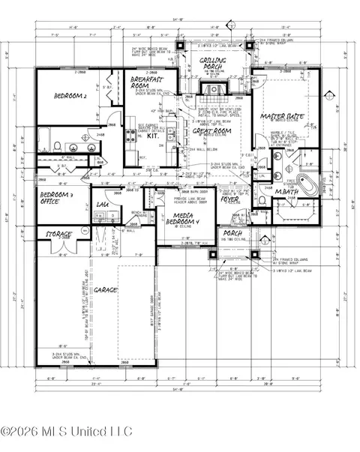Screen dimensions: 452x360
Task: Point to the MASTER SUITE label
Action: (x=282, y=118)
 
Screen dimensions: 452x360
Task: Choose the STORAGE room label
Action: (x=58, y=235)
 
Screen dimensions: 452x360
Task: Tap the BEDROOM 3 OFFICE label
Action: (x=56, y=198)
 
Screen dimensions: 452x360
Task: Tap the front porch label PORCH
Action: (x=232, y=234)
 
